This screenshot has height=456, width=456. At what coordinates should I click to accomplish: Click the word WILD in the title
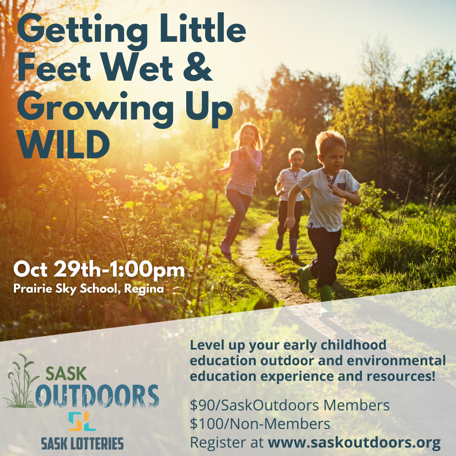click(63, 144)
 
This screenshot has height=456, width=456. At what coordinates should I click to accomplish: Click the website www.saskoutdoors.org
click(354, 442)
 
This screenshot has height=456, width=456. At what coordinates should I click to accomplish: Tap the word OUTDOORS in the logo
click(97, 396)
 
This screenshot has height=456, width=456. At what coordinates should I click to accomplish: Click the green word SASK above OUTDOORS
click(66, 374)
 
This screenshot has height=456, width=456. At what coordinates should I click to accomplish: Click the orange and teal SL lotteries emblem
click(82, 421)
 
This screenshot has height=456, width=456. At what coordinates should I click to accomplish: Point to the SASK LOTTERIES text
click(82, 444)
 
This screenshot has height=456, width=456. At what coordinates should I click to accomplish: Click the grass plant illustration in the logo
click(20, 381)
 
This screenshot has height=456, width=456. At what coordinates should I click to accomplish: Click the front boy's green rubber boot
click(304, 280)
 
